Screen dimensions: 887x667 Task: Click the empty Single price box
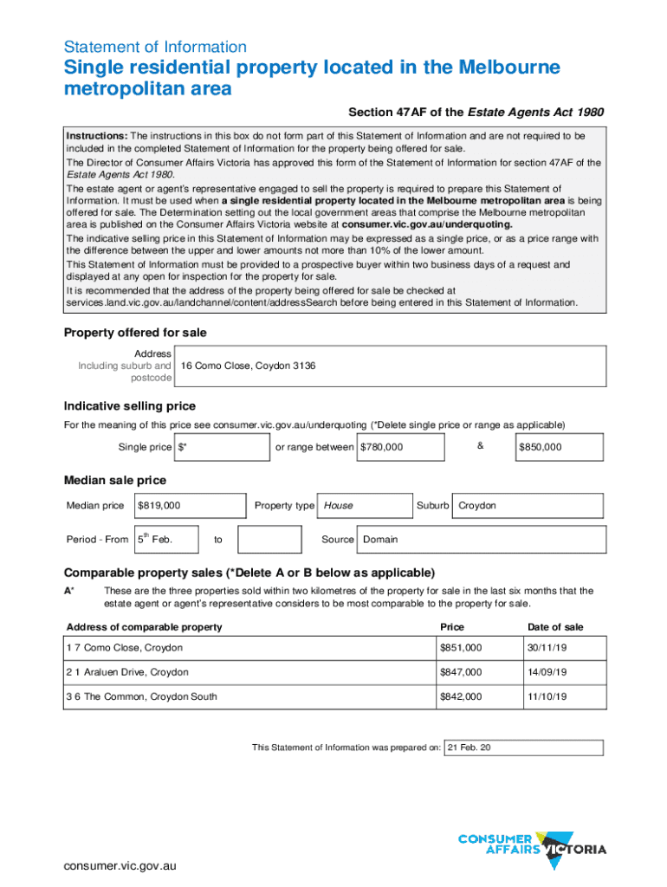[x=223, y=447]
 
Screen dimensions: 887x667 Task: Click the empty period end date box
[x=269, y=540]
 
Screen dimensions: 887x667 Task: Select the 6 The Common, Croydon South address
[x=146, y=696]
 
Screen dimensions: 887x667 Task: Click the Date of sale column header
[x=555, y=627]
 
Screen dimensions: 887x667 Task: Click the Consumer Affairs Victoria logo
[x=531, y=851]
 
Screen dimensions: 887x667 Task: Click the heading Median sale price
[x=115, y=481]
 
